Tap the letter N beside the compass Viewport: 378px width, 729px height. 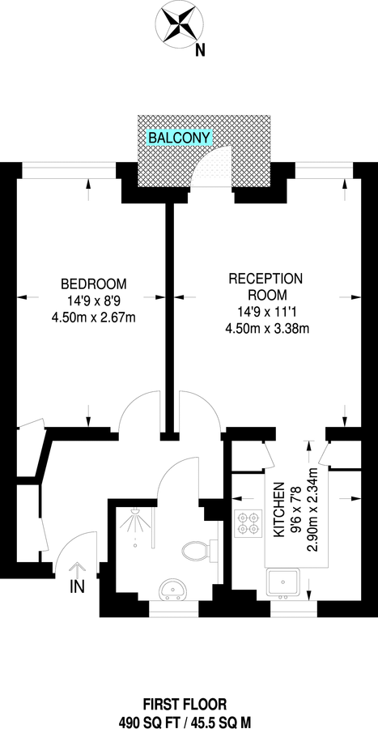pyautogui.click(x=200, y=50)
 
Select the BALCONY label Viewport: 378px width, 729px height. pyautogui.click(x=179, y=139)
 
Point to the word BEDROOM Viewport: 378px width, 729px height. pyautogui.click(x=94, y=283)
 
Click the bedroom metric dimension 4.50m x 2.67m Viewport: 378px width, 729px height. pyautogui.click(x=94, y=317)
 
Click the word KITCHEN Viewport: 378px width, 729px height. pyautogui.click(x=278, y=510)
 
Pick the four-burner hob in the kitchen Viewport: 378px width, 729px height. pyautogui.click(x=246, y=523)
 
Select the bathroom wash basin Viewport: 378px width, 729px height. pyautogui.click(x=171, y=587)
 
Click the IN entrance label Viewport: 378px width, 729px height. pyautogui.click(x=78, y=584)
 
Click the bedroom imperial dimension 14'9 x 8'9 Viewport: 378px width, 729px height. pyautogui.click(x=94, y=301)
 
